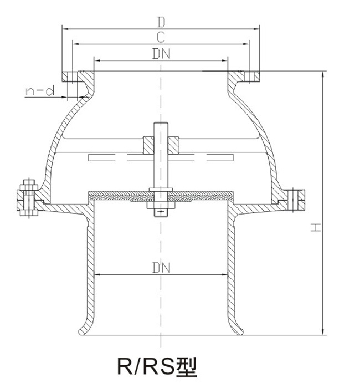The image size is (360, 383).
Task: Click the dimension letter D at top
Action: click(x=161, y=22)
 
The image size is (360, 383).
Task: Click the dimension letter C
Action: click(x=161, y=38)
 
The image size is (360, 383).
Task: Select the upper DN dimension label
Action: click(x=161, y=54)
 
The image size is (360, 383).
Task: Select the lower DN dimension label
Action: click(x=161, y=268)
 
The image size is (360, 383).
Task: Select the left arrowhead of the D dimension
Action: click(x=64, y=27)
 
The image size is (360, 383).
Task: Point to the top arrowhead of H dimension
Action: click(x=322, y=74)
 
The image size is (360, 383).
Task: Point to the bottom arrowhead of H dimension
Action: click(x=322, y=331)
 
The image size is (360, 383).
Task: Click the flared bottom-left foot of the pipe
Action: click(x=84, y=326)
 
